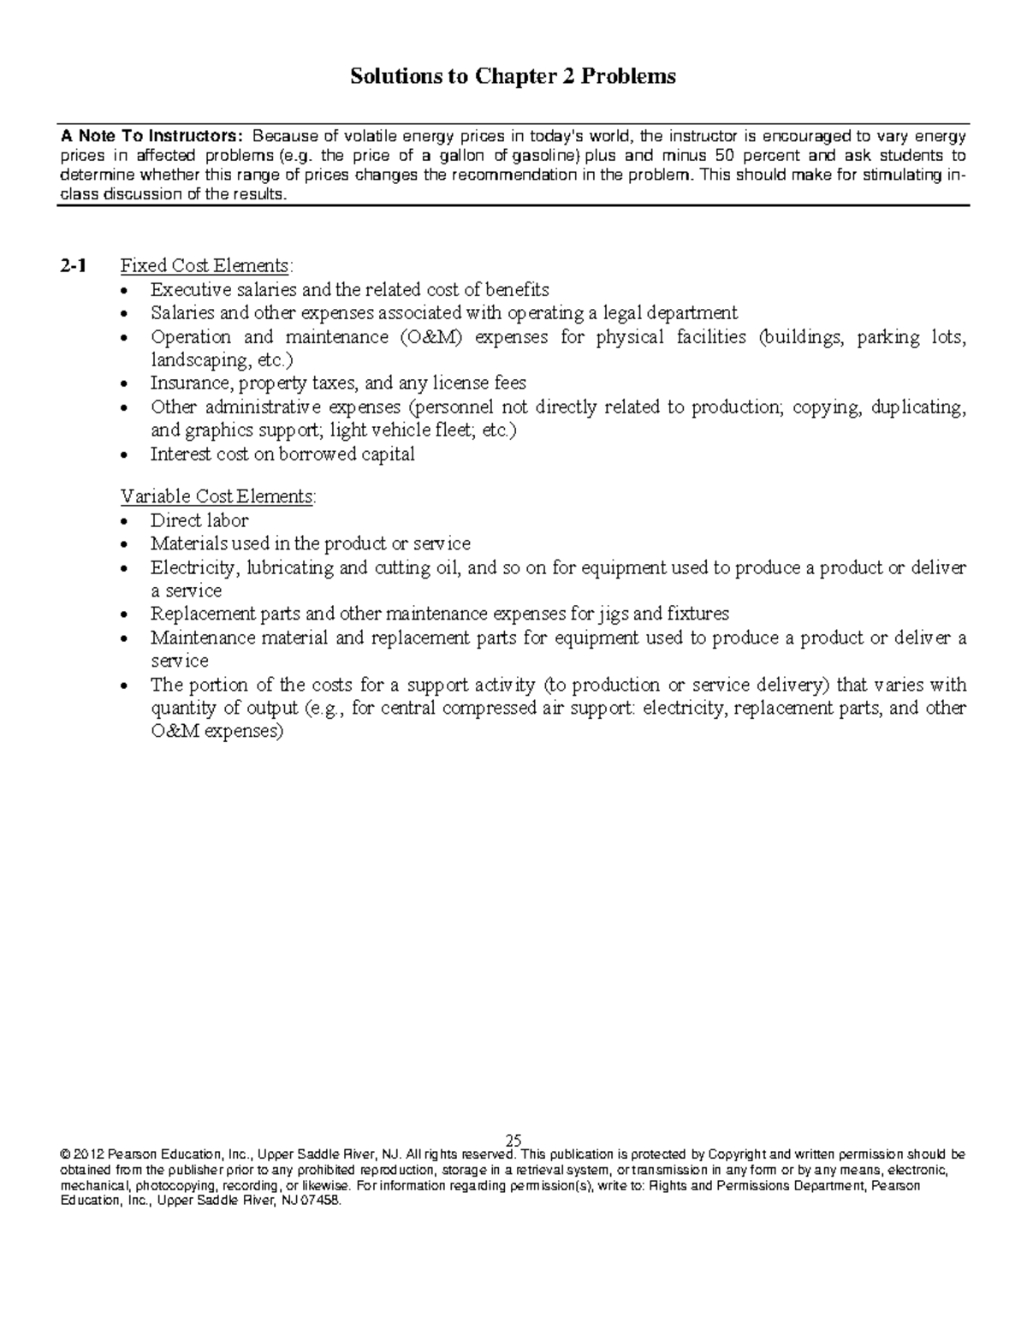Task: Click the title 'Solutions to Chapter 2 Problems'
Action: pyautogui.click(x=513, y=77)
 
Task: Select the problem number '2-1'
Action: pyautogui.click(x=73, y=266)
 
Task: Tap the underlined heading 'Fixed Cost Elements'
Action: pyautogui.click(x=205, y=266)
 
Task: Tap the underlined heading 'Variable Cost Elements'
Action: pyautogui.click(x=217, y=496)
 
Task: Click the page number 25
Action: pyautogui.click(x=513, y=1141)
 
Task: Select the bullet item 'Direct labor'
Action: pyautogui.click(x=199, y=520)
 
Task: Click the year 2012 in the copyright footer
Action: pyautogui.click(x=86, y=1154)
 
